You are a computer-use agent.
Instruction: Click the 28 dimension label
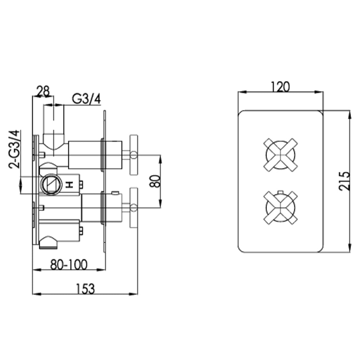43,91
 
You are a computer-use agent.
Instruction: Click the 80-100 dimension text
68,265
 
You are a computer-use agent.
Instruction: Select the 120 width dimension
280,86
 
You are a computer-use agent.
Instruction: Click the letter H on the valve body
71,184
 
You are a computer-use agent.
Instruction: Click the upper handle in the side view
133,155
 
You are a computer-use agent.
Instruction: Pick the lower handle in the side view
133,207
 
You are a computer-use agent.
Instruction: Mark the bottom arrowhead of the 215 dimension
350,248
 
